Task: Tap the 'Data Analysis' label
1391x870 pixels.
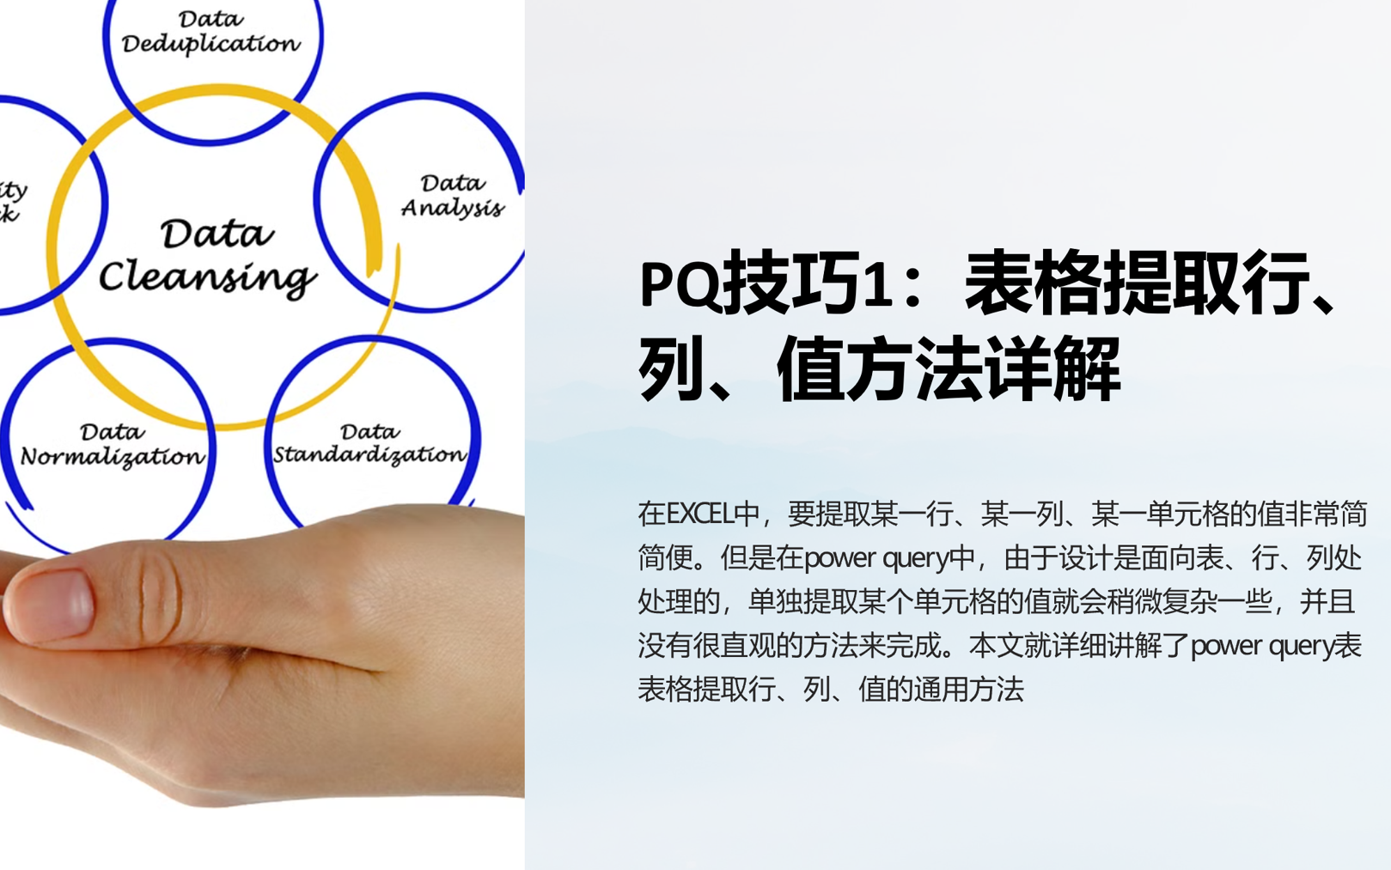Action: pyautogui.click(x=452, y=196)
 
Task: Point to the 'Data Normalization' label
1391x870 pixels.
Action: pyautogui.click(x=113, y=445)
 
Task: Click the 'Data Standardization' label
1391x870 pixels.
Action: pyautogui.click(x=369, y=444)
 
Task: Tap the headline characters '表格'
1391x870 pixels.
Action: pyautogui.click(x=1034, y=283)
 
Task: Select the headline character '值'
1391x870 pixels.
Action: pyautogui.click(x=810, y=368)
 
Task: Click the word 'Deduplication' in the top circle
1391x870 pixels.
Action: pyautogui.click(x=210, y=44)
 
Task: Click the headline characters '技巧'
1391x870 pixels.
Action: pyautogui.click(x=793, y=283)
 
